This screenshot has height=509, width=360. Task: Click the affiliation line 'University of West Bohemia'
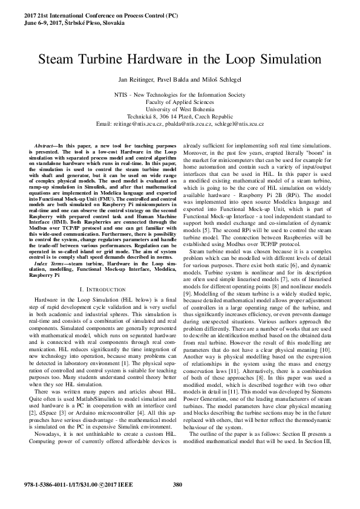coord(180,109)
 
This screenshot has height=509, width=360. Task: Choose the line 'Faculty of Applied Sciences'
coord(180,102)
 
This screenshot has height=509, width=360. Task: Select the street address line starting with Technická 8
coord(180,117)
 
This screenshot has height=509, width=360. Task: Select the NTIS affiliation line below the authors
coord(180,95)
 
